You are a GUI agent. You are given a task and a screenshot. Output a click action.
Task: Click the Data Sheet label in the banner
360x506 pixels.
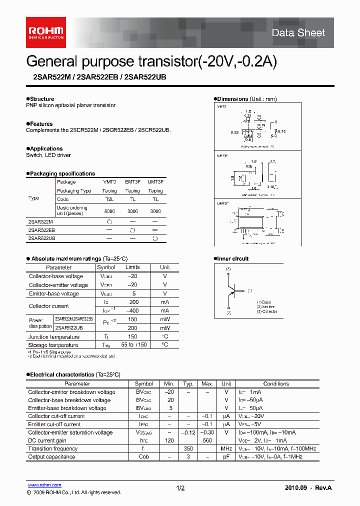298,33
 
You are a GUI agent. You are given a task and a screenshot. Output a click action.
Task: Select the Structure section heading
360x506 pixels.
41,99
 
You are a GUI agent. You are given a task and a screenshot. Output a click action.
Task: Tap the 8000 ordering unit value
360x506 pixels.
109,211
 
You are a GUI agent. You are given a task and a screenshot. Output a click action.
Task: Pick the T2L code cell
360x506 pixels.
109,199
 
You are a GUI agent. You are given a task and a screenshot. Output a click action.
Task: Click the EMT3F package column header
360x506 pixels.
132,182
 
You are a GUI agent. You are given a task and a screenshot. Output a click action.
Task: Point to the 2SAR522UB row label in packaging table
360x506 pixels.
41,238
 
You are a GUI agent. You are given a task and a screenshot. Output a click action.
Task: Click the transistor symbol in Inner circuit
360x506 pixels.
233,290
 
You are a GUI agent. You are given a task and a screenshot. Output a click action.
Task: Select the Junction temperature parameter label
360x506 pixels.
53,337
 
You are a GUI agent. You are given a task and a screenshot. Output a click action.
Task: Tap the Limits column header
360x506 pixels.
132,267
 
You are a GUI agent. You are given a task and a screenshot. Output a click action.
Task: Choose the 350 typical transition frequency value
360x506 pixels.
188,449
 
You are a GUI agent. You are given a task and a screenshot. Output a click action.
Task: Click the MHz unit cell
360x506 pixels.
226,449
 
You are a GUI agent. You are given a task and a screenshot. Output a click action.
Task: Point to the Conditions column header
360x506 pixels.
276,383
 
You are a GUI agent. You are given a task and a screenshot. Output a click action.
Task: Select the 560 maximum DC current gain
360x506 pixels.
206,440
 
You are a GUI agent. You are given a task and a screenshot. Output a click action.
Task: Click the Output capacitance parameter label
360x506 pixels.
51,457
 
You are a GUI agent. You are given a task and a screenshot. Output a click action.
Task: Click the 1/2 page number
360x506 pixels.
180,488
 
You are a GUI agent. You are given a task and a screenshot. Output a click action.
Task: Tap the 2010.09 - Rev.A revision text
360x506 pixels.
308,488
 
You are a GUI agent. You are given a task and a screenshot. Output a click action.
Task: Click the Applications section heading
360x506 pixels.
45,148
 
